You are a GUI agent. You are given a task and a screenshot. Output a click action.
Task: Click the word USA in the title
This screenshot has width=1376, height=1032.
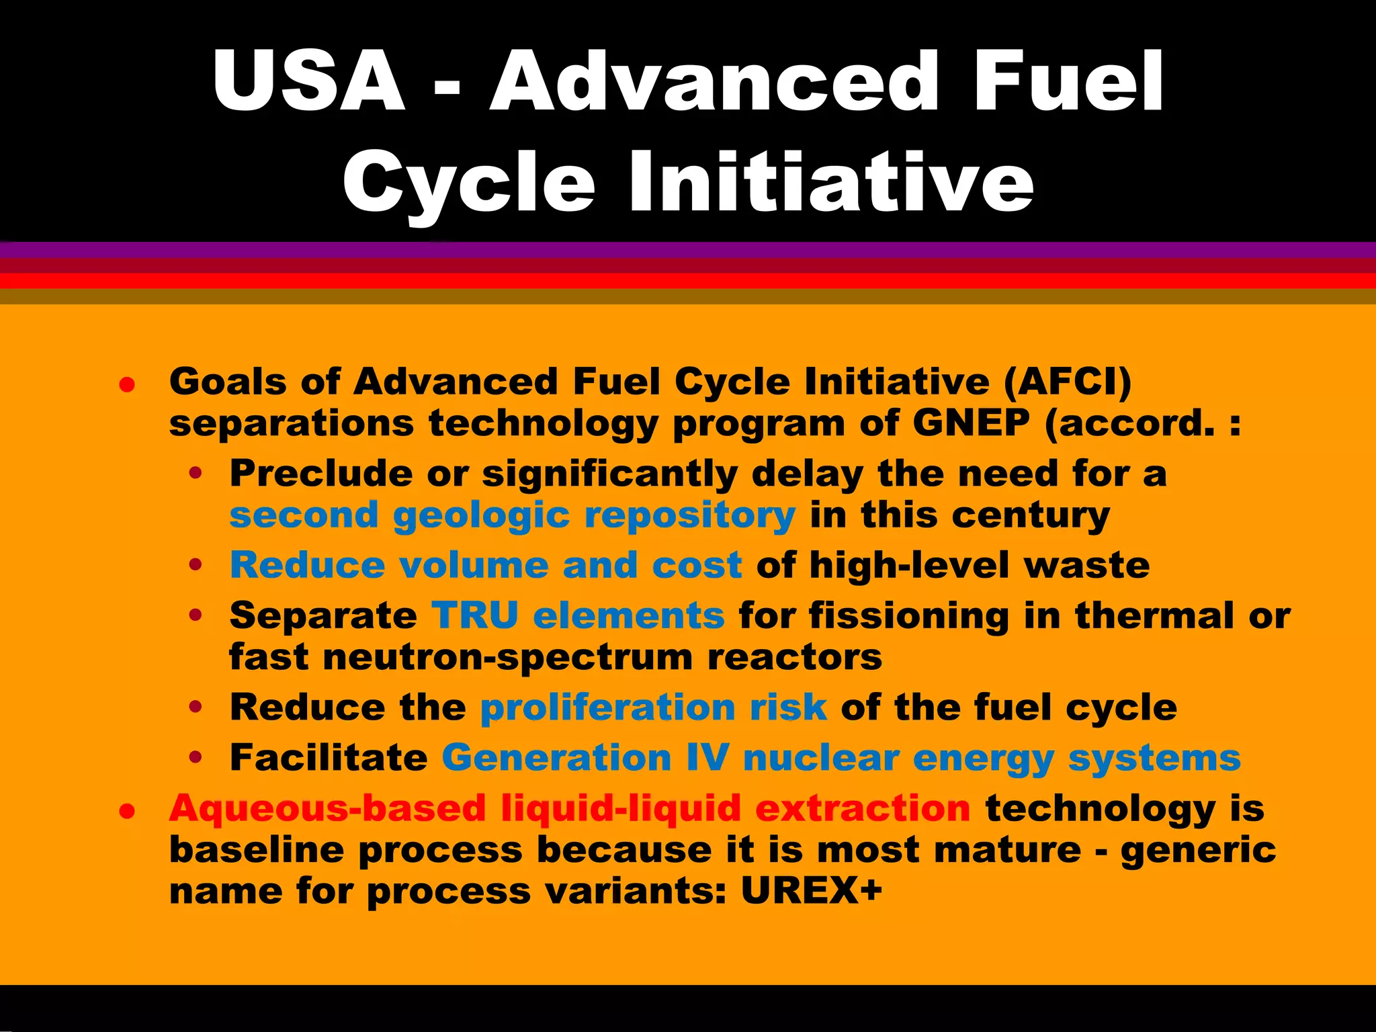pyautogui.click(x=309, y=82)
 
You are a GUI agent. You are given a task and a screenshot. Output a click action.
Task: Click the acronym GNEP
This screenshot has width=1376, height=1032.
pyautogui.click(x=971, y=423)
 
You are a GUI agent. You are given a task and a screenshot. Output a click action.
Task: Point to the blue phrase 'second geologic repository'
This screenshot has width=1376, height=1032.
pyautogui.click(x=512, y=516)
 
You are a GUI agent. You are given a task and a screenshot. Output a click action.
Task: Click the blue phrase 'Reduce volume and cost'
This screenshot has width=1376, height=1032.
pyautogui.click(x=486, y=565)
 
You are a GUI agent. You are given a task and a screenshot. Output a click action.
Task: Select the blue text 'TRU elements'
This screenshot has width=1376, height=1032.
pyautogui.click(x=578, y=615)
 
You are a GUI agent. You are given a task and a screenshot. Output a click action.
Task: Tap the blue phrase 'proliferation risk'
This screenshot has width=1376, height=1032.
pyautogui.click(x=653, y=707)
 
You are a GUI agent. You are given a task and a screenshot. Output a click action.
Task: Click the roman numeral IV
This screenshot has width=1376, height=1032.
pyautogui.click(x=707, y=758)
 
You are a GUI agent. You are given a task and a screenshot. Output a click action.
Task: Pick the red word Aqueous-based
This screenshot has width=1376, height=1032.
pyautogui.click(x=327, y=808)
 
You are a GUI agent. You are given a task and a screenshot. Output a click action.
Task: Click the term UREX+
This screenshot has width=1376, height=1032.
pyautogui.click(x=811, y=891)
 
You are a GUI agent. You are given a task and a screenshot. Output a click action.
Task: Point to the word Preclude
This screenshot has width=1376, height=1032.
pyautogui.click(x=321, y=474)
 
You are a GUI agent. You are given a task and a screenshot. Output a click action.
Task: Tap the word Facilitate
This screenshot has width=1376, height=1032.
pyautogui.click(x=329, y=758)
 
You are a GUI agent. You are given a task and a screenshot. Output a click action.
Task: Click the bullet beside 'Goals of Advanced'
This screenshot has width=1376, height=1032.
pyautogui.click(x=127, y=385)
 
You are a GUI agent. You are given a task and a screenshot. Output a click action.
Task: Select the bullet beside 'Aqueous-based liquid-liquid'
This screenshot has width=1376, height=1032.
pyautogui.click(x=127, y=811)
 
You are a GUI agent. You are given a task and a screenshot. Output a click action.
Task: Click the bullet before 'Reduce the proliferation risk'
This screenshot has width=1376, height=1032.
pyautogui.click(x=196, y=707)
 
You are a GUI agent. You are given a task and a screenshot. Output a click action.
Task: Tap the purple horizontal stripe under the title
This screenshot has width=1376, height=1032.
pyautogui.click(x=688, y=250)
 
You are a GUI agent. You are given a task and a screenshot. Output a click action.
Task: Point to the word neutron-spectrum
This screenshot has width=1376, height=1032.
pyautogui.click(x=508, y=657)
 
